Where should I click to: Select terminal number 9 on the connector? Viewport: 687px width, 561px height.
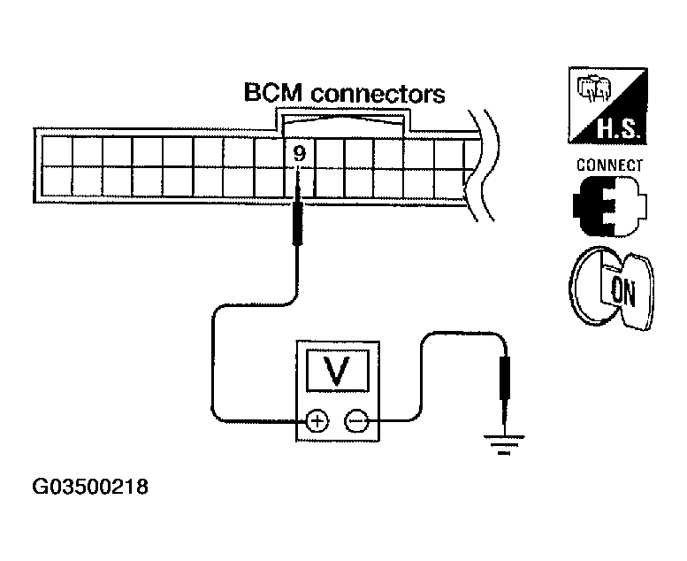[299, 153]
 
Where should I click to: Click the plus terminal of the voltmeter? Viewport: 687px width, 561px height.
[314, 421]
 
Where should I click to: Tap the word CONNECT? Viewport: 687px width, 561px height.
[609, 165]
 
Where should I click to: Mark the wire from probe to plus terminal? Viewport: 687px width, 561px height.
[212, 354]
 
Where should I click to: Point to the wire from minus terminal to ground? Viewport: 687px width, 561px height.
[424, 372]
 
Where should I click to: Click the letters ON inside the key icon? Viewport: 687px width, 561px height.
[622, 292]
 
